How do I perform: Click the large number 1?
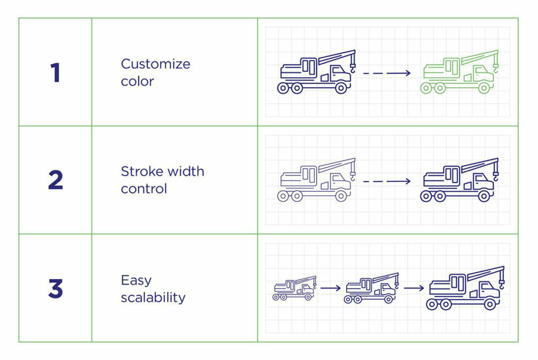click(x=56, y=73)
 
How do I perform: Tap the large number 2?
click(x=55, y=180)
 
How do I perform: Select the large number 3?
click(x=55, y=289)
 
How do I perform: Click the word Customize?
click(x=156, y=64)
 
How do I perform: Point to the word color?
click(x=137, y=81)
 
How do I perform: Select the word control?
click(x=143, y=189)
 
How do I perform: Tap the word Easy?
click(x=136, y=280)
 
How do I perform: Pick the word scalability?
click(x=153, y=297)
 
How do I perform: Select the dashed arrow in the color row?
click(x=387, y=74)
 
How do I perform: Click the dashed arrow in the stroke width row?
click(x=387, y=181)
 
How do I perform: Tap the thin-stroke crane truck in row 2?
click(x=316, y=181)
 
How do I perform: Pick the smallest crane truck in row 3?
click(x=294, y=288)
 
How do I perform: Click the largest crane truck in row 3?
click(x=465, y=289)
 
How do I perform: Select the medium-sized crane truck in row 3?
click(x=371, y=288)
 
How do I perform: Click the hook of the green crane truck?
click(x=495, y=67)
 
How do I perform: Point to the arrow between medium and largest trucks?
click(x=414, y=288)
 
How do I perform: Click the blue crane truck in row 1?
click(x=316, y=73)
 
